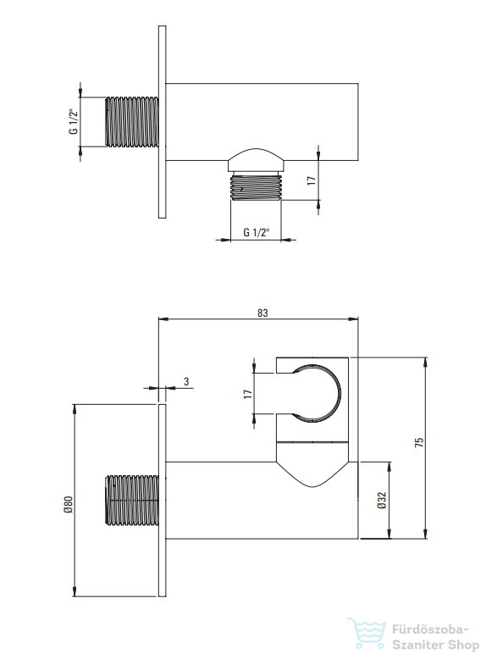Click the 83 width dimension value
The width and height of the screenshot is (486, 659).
(x=262, y=313)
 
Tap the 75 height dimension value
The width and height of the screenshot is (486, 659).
(x=419, y=442)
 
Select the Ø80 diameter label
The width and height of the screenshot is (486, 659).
(x=69, y=504)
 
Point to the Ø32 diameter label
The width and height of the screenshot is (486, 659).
(x=382, y=501)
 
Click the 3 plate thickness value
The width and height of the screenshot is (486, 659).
(x=186, y=381)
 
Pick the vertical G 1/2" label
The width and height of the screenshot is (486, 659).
(x=74, y=121)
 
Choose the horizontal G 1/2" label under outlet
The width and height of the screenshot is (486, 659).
(x=257, y=232)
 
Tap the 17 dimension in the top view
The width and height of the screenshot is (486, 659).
(x=312, y=180)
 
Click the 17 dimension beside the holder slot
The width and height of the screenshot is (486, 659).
(x=248, y=394)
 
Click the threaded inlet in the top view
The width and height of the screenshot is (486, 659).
(x=132, y=122)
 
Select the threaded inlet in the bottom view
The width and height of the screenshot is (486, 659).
(x=132, y=500)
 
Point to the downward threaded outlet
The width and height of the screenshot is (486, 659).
(x=257, y=186)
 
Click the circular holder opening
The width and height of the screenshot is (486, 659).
(x=340, y=393)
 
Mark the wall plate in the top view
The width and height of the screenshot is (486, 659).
(x=162, y=122)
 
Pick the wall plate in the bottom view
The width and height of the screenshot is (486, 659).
(x=162, y=500)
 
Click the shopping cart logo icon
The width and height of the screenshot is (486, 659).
(x=367, y=634)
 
